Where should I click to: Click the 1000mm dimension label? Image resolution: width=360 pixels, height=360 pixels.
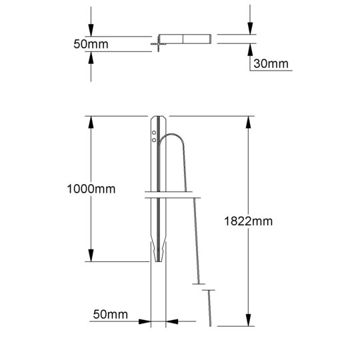pos(91,189)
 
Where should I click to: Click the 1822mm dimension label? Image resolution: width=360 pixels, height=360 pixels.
pos(248,221)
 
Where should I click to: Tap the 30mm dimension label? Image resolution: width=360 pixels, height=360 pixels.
pos(271,63)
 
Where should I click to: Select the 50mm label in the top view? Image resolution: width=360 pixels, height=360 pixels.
pos(91,44)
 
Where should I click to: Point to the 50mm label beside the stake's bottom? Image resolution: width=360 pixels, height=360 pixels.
pos(111,314)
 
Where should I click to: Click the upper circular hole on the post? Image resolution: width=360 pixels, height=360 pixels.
pos(154,133)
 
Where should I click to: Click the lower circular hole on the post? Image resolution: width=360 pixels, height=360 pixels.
pos(154,140)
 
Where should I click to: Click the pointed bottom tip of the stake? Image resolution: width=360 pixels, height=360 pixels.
pos(159,261)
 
